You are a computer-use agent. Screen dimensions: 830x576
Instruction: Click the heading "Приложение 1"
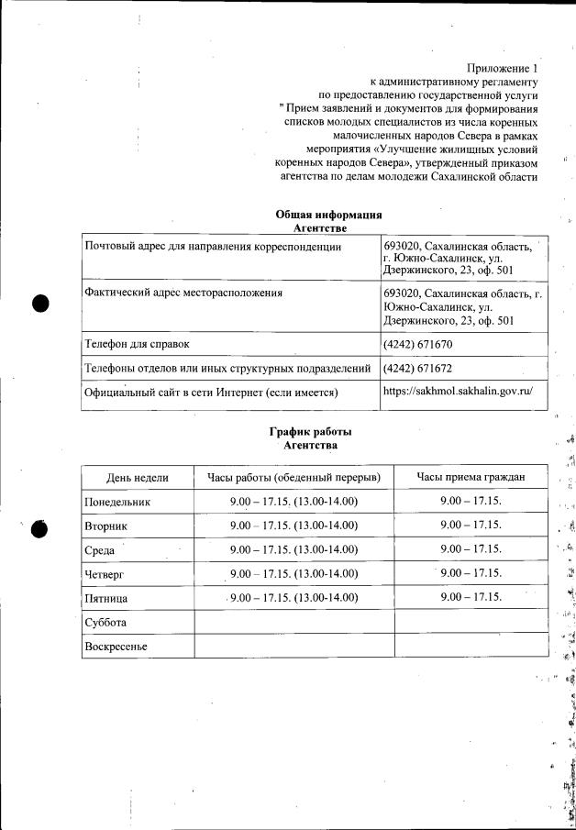502,68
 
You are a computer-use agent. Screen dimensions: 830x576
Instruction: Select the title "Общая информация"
328,214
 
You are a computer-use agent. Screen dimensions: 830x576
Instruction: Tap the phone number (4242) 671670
417,345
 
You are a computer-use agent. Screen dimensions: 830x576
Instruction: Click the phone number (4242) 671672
417,369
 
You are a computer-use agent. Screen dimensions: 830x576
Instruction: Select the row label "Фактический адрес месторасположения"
183,293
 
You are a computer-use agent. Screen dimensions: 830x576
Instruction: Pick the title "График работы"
310,432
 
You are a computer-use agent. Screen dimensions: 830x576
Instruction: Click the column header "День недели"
138,478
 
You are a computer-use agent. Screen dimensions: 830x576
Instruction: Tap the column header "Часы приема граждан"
471,477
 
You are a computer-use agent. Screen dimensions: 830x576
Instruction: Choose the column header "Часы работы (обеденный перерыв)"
294,478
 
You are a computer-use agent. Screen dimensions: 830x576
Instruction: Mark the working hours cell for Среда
294,550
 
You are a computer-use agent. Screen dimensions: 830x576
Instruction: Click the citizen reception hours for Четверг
471,573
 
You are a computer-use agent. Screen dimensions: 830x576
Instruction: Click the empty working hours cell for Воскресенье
294,646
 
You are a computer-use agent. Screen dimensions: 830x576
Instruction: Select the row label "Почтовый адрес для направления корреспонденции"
212,247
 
